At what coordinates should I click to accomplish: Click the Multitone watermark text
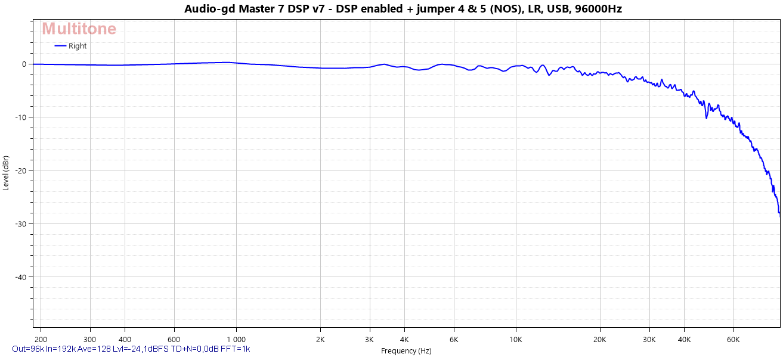click(x=79, y=29)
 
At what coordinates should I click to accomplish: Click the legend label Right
click(x=78, y=46)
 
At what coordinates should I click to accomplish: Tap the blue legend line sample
click(x=60, y=46)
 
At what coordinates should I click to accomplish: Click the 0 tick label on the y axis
click(x=24, y=64)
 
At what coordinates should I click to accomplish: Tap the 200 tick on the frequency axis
click(x=41, y=339)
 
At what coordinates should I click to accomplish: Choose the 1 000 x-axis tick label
click(x=236, y=339)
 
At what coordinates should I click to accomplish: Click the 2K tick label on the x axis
click(x=320, y=339)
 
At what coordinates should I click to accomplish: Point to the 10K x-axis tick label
click(x=516, y=339)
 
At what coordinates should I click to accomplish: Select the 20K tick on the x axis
click(x=600, y=339)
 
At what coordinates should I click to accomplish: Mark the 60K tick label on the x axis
click(x=734, y=339)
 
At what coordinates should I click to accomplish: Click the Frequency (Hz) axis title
click(x=406, y=351)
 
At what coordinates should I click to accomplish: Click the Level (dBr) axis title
click(x=6, y=172)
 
